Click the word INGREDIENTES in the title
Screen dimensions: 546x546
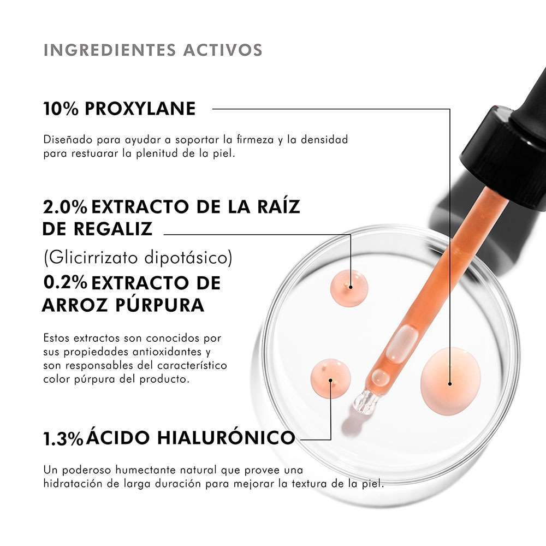pos(110,50)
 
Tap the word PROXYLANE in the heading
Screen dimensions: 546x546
pos(140,109)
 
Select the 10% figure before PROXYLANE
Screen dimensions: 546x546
pos(61,109)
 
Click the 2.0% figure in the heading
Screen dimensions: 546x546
pos(65,207)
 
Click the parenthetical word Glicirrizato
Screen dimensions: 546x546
pos(93,258)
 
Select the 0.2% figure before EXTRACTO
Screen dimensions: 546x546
pos(65,282)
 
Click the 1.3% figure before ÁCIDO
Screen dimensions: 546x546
pos(63,439)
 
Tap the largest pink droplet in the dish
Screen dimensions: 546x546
pos(450,381)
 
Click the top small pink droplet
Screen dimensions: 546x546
pos(349,288)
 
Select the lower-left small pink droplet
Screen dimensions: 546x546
pos(330,378)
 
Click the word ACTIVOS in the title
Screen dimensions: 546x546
pos(223,50)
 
